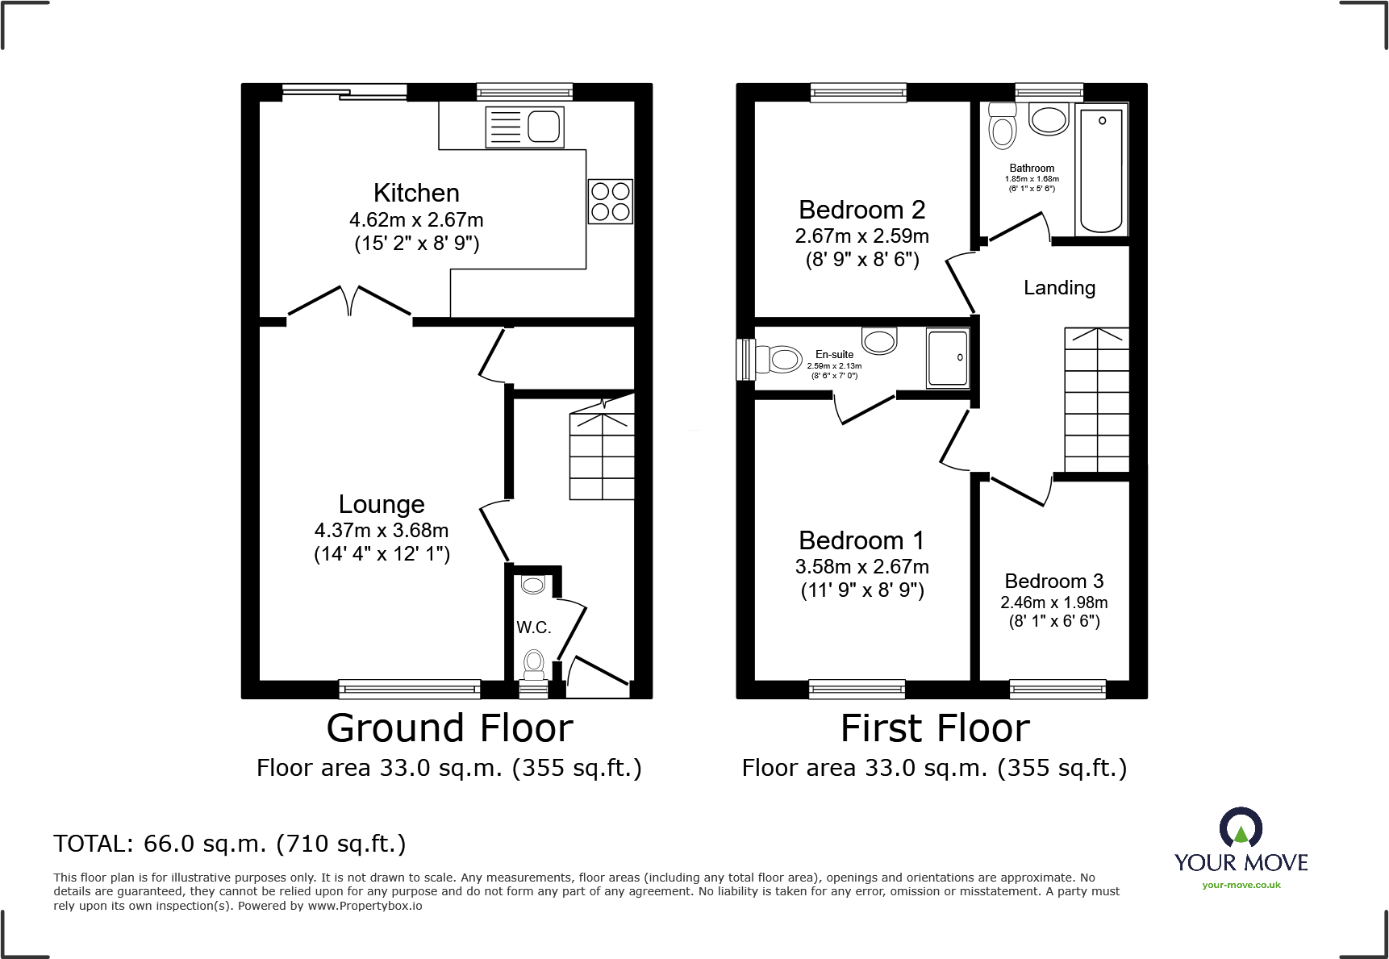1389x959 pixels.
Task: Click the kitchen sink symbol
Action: click(x=524, y=127)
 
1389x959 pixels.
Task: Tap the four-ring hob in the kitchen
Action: click(x=610, y=202)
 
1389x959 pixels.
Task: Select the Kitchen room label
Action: click(x=416, y=193)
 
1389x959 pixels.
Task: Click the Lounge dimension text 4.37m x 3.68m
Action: click(x=382, y=531)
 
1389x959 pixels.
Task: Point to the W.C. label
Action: click(x=533, y=628)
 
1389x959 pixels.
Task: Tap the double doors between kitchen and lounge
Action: click(x=349, y=302)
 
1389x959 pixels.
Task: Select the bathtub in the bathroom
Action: click(x=1101, y=169)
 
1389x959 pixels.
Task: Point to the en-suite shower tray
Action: click(x=947, y=358)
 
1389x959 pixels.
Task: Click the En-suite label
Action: click(x=834, y=354)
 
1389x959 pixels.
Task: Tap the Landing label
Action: click(x=1059, y=288)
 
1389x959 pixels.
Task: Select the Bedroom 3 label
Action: click(x=1053, y=581)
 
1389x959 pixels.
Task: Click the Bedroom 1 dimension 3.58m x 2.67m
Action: click(x=861, y=567)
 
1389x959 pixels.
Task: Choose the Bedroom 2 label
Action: click(x=861, y=210)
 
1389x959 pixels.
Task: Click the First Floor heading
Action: click(x=935, y=728)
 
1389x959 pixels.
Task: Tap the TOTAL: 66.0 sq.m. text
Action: click(x=230, y=844)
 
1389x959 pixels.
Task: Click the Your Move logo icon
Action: click(x=1241, y=828)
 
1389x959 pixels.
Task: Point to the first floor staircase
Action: click(x=1096, y=399)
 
